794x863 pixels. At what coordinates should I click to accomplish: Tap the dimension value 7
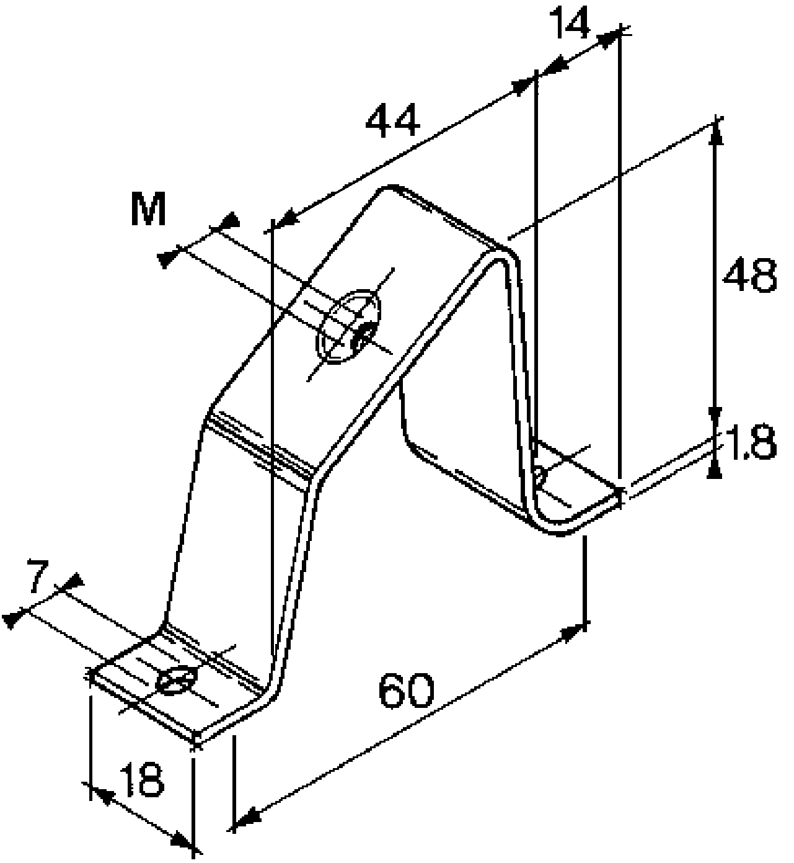[37, 576]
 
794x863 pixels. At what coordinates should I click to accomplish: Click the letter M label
[148, 209]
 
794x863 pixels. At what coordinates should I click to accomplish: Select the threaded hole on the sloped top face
[348, 327]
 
